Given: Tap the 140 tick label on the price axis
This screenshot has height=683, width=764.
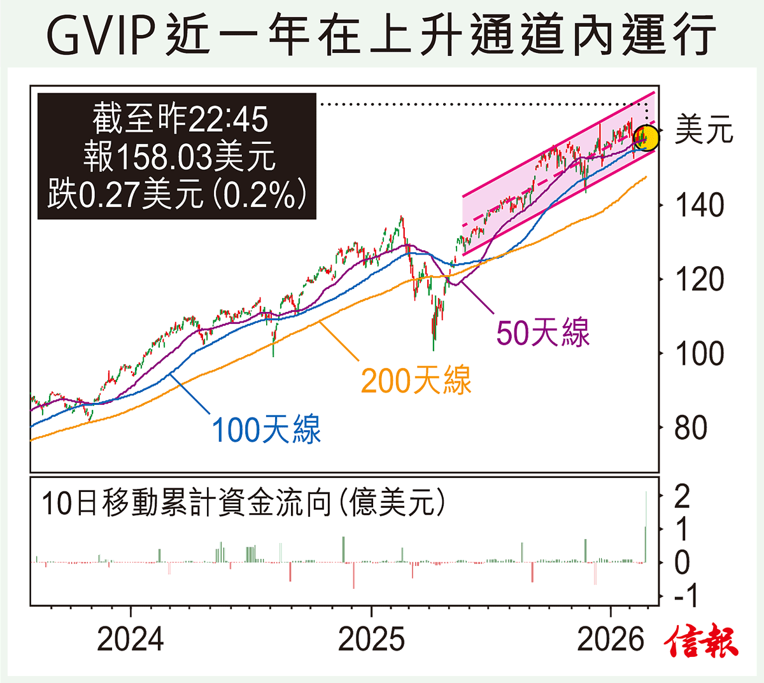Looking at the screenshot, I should (700, 206).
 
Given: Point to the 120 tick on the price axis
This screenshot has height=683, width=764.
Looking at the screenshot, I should (700, 279).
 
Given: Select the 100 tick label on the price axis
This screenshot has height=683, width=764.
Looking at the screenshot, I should (700, 354).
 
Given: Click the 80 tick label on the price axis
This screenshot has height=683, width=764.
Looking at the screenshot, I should (691, 428).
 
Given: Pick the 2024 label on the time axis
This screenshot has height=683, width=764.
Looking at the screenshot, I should (131, 639).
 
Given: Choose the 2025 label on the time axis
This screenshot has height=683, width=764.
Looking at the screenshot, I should (371, 639).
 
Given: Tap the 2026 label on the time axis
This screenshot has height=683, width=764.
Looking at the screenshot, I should (611, 639).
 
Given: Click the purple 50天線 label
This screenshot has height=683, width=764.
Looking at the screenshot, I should (543, 332).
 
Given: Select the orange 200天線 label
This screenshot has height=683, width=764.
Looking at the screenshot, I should (416, 381).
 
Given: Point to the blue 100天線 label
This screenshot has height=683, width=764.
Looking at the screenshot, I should (266, 430).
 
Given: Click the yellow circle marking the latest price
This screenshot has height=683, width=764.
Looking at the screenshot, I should (646, 137).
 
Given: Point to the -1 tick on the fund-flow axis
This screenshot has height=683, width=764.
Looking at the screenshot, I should (685, 596).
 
